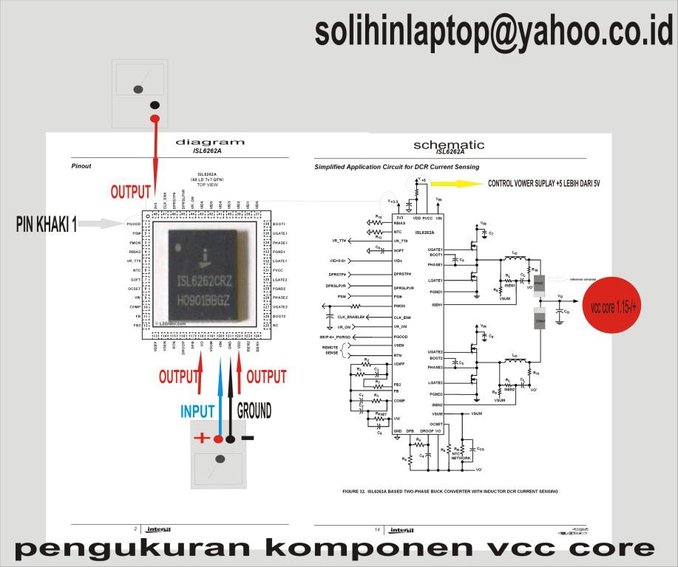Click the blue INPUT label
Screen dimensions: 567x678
(x=197, y=411)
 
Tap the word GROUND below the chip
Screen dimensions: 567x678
(x=254, y=410)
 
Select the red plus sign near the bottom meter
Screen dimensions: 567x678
(x=201, y=438)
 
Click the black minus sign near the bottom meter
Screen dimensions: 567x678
(x=248, y=438)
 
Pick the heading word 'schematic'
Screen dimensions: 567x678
(x=449, y=144)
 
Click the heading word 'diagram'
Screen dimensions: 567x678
(x=210, y=142)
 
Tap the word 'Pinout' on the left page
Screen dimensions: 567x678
(x=81, y=166)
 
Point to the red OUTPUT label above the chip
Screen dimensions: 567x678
(x=131, y=192)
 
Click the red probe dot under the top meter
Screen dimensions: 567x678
(x=155, y=118)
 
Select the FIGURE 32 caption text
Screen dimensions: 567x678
(x=450, y=491)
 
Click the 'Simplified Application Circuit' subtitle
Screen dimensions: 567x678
(x=396, y=167)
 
